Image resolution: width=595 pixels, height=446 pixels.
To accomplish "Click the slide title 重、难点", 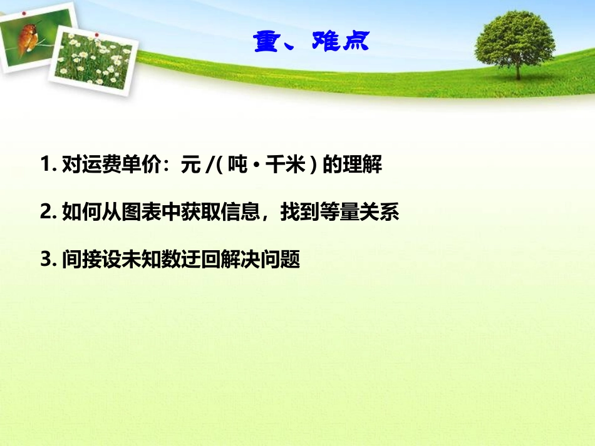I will (311, 41).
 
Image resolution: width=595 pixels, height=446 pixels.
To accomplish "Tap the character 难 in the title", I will (326, 41).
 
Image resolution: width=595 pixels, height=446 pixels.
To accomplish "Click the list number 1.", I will (45, 166).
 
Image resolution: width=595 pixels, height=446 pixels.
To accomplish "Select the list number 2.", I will (45, 213).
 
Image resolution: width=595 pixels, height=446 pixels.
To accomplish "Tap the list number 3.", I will (45, 259).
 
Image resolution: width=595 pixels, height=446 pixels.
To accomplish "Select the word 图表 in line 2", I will (142, 213).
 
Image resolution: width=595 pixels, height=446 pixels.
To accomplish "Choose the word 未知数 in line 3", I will (134, 259).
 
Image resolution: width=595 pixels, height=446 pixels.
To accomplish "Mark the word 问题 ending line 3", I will (284, 259).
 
